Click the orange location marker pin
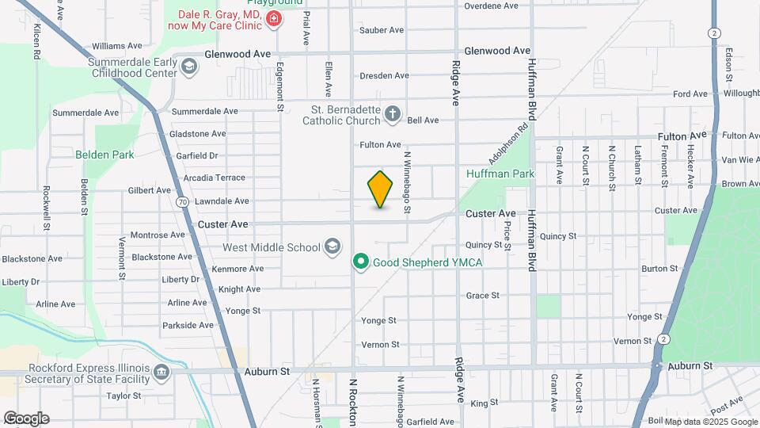(x=381, y=189)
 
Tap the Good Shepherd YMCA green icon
(x=361, y=261)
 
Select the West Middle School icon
(x=332, y=247)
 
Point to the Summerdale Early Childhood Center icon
(x=188, y=67)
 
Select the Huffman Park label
(x=500, y=174)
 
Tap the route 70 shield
(x=183, y=203)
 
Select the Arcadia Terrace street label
(x=214, y=178)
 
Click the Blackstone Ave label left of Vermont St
(x=32, y=259)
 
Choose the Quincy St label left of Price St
(x=485, y=245)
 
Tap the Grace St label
(x=483, y=296)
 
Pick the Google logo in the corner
(x=25, y=418)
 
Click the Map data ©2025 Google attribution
(x=710, y=422)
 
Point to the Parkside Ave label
(x=188, y=325)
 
